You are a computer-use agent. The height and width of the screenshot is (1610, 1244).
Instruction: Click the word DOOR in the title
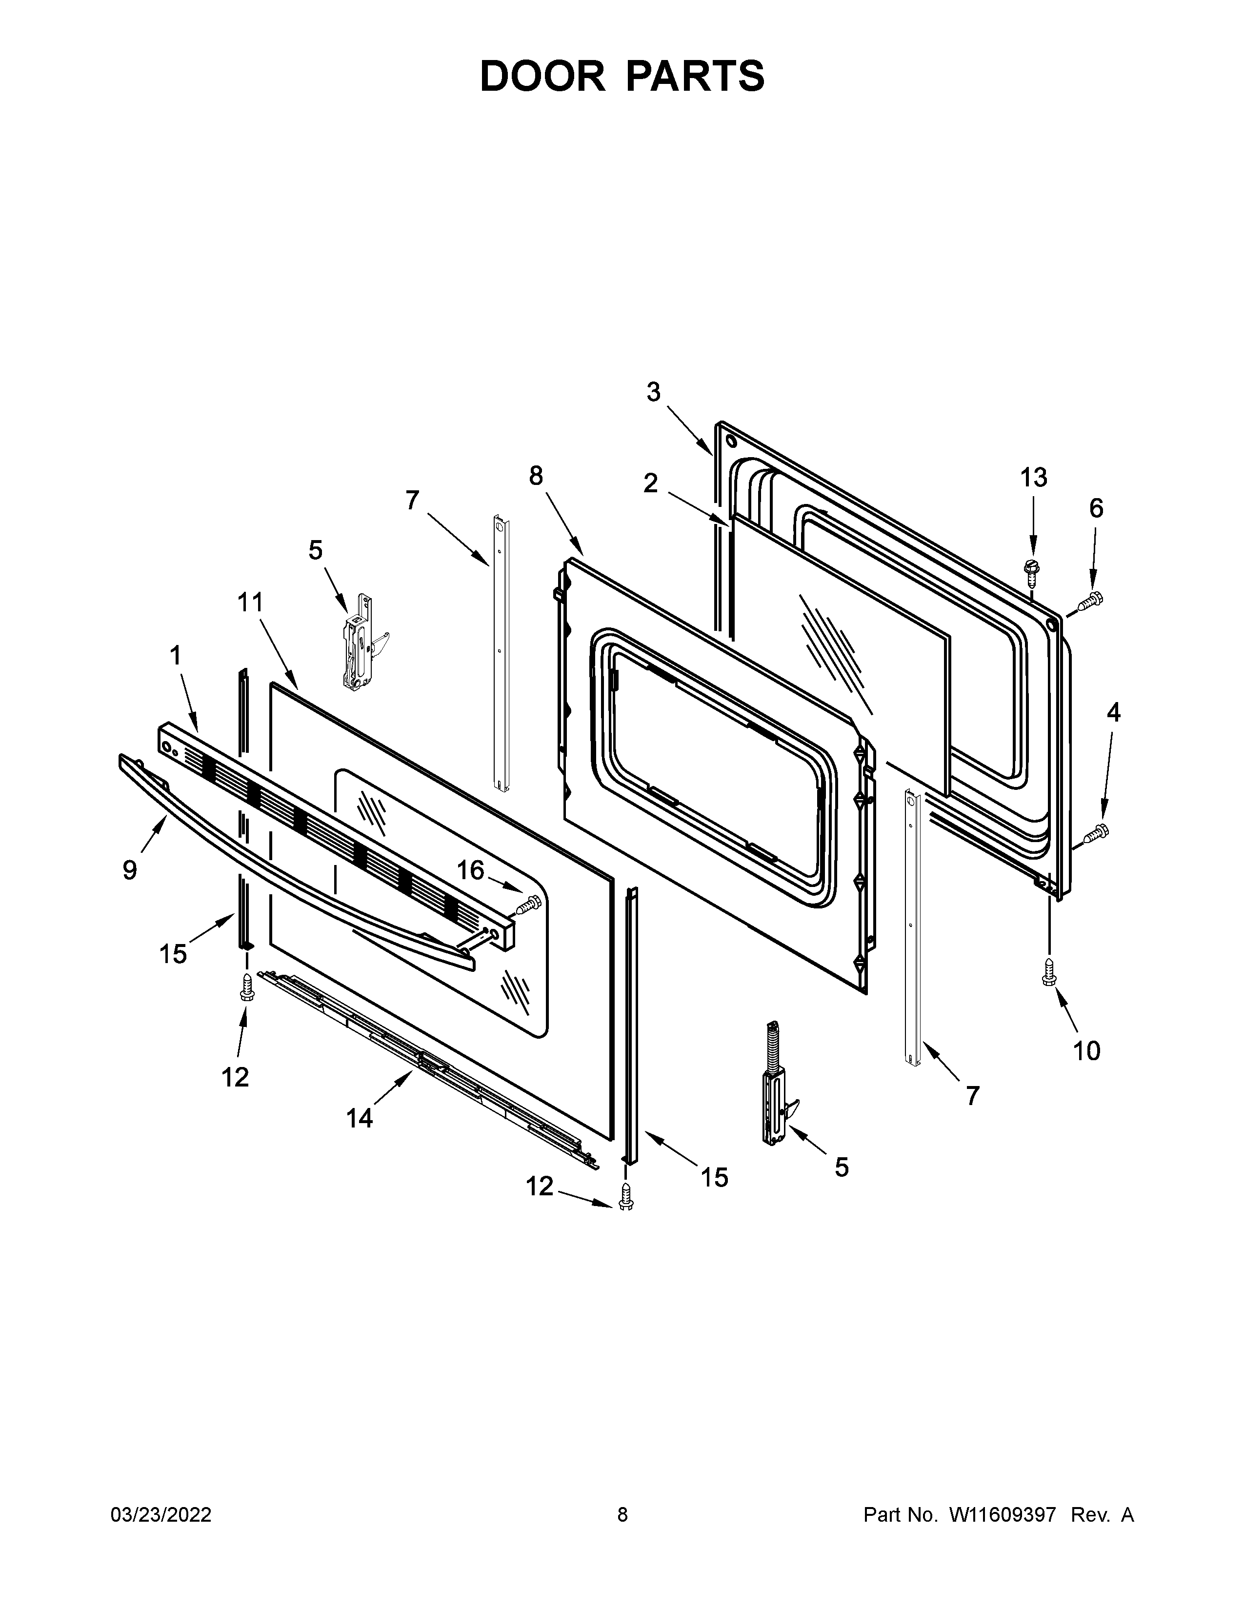542,77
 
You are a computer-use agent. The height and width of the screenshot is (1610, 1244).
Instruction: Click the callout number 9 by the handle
130,870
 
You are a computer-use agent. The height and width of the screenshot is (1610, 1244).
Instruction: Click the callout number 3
654,392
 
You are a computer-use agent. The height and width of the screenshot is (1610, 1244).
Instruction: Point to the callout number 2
650,483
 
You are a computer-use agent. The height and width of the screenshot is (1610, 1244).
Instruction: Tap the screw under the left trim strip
247,985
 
